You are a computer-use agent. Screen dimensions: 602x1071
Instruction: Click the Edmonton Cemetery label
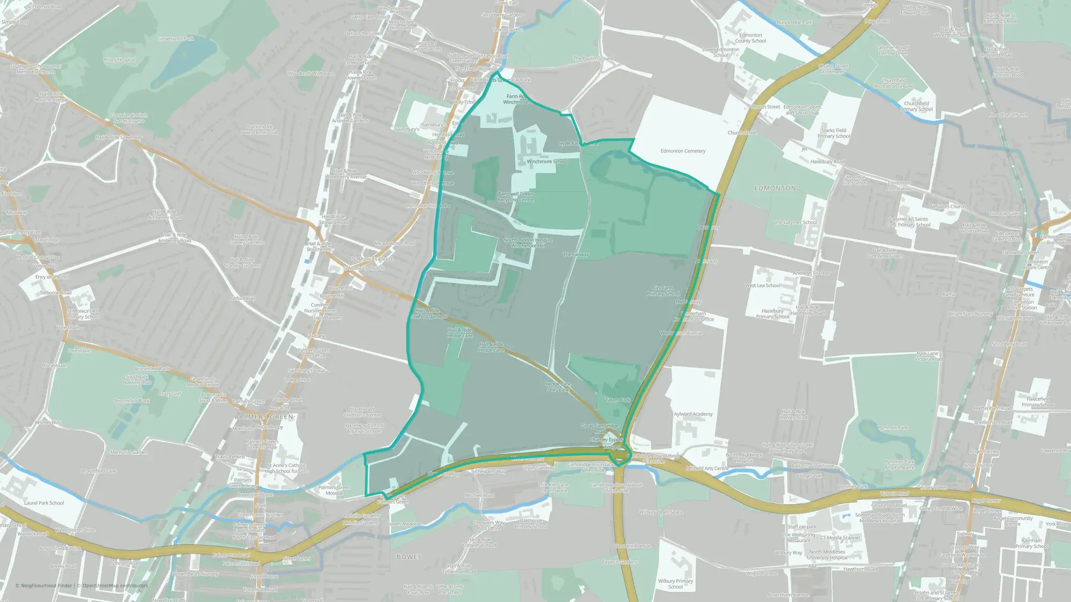click(683, 151)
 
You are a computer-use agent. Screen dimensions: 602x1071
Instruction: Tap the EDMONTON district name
click(775, 188)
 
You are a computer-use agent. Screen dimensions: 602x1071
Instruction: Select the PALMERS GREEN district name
click(264, 417)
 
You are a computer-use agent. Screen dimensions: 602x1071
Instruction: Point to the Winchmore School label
click(546, 161)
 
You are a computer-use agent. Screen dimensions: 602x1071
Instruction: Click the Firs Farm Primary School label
click(663, 291)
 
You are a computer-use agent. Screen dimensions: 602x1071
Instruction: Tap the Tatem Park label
click(617, 400)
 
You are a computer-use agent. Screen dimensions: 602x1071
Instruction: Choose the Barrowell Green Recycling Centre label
click(515, 197)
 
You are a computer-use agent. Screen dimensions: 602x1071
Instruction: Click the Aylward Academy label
click(693, 414)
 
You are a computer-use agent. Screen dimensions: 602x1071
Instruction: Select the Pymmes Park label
click(893, 428)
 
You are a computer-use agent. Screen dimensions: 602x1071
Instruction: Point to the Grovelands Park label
click(176, 39)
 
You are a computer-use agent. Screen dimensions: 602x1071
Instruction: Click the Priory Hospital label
click(119, 60)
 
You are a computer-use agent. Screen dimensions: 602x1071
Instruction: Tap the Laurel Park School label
click(44, 503)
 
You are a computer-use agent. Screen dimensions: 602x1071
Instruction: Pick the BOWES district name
click(409, 557)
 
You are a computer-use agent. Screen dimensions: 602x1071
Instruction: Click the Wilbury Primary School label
click(675, 584)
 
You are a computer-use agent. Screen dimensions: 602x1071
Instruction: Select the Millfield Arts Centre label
click(707, 468)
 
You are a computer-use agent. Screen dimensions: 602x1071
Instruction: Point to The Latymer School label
click(795, 223)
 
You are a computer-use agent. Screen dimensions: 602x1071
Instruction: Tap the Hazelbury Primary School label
click(772, 314)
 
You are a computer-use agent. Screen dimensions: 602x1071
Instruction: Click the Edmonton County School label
click(750, 38)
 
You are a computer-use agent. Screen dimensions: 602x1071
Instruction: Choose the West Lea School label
click(762, 286)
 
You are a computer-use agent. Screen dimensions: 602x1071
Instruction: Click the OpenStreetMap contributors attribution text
click(115, 585)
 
